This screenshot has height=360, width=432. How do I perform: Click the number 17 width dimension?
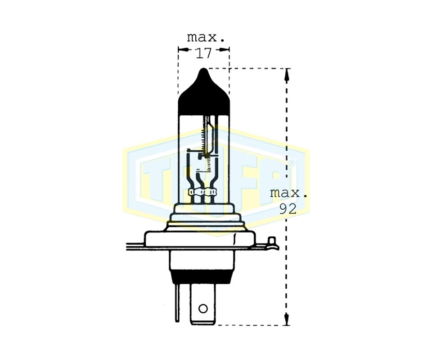click(203, 54)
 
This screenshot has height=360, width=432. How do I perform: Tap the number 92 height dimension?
click(288, 209)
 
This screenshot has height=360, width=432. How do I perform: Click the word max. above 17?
click(206, 37)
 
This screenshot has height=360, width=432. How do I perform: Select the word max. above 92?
click(288, 193)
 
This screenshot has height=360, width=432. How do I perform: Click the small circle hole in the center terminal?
click(203, 309)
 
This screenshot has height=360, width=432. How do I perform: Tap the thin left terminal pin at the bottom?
click(177, 302)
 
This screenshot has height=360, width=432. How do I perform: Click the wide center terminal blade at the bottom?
click(203, 304)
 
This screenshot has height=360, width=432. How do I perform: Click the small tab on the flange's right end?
click(273, 243)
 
